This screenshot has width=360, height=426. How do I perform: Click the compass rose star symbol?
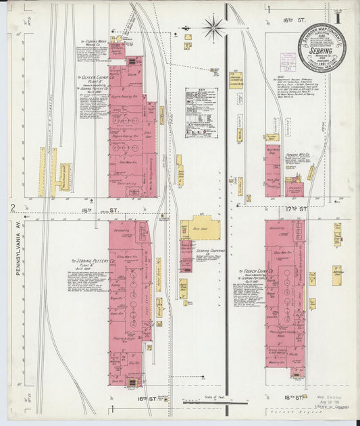[x=213, y=28]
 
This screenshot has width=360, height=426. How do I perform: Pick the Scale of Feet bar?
[x=215, y=403]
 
